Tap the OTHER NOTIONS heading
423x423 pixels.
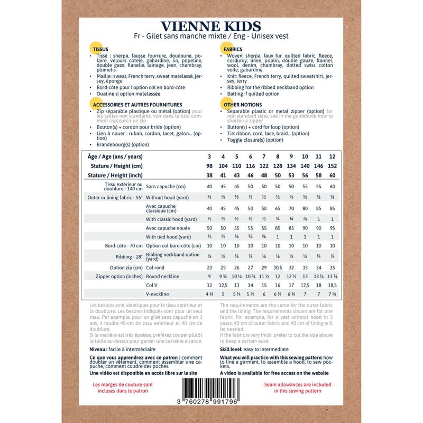(239, 105)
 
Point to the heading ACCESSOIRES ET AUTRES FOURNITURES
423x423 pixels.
(137, 105)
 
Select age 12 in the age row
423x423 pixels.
(332, 157)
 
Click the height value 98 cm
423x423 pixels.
(209, 166)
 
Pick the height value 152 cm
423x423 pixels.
(332, 166)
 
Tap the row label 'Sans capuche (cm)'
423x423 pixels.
(165, 187)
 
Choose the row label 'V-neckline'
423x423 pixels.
(159, 294)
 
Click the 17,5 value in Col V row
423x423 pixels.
(305, 285)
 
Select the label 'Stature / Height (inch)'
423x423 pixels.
(115, 175)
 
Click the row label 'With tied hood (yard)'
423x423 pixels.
(168, 237)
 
